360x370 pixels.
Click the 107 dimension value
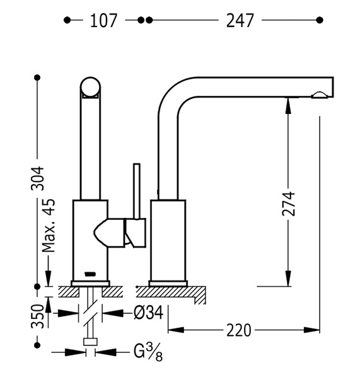point(103,21)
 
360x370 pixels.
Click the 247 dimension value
point(240,21)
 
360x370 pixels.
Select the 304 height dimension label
point(38,178)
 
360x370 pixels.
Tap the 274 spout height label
point(289,204)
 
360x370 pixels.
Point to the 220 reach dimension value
point(239,330)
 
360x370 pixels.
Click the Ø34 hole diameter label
point(149,313)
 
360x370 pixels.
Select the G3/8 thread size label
point(148,352)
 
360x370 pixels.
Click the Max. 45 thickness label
point(49,226)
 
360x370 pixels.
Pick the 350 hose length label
point(38,316)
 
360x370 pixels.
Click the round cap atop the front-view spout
point(90,87)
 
